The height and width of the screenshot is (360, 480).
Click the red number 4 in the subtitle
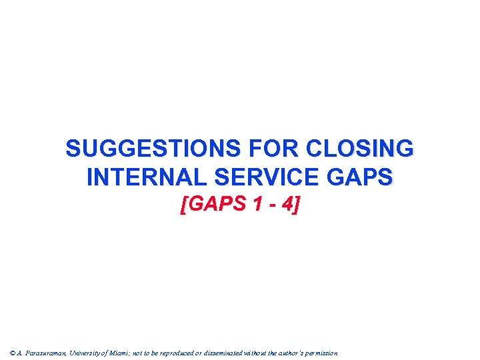[x=287, y=205]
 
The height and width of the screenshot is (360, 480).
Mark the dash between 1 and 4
[x=272, y=206]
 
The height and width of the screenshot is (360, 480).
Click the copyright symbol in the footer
[x=13, y=353]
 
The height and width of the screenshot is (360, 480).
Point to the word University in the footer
[x=90, y=353]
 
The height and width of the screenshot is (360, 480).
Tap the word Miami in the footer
[x=128, y=353]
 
